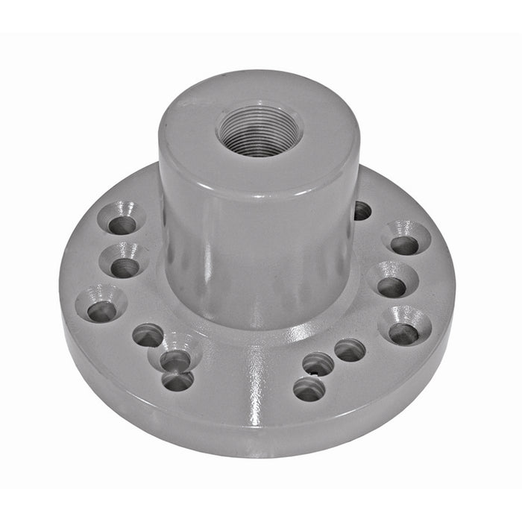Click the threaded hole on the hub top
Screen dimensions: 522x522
(259, 131)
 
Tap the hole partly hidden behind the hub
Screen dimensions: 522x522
(362, 211)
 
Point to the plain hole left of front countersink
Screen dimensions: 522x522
(148, 336)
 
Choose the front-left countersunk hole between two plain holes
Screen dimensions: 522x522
(175, 359)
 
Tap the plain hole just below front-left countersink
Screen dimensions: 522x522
(177, 382)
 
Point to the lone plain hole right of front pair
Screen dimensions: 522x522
(349, 350)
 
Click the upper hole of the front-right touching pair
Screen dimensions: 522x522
(318, 364)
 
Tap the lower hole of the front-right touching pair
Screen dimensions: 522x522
(308, 389)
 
